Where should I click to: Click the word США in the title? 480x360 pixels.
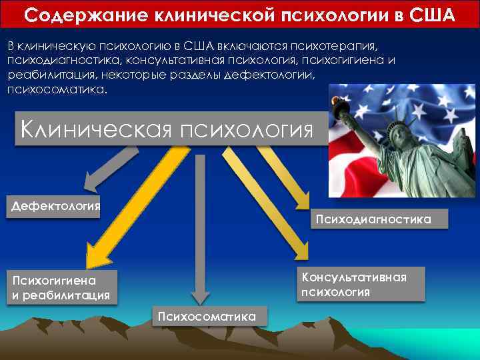[x=433, y=14]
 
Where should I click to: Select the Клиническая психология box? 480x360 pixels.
[x=167, y=128]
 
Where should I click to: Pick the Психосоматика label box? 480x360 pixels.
[x=207, y=316]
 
